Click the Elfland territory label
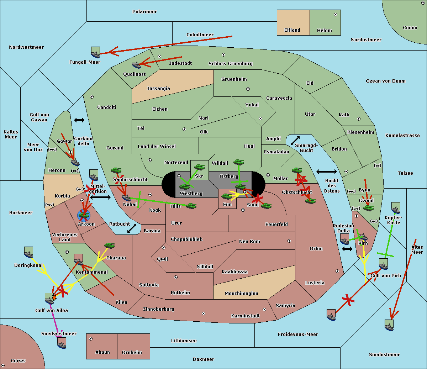(x=292, y=30)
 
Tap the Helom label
(x=324, y=31)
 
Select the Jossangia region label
(x=158, y=89)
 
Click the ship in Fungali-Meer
(x=95, y=53)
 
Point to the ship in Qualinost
(x=137, y=64)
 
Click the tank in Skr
(x=199, y=167)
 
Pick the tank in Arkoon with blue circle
(x=84, y=215)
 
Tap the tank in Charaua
(x=109, y=246)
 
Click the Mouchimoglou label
(x=241, y=294)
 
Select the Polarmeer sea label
(x=144, y=12)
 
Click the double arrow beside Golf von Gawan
(x=79, y=120)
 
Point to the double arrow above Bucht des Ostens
(x=326, y=172)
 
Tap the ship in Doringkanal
(x=29, y=252)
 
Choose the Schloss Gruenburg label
(x=230, y=64)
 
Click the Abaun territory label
(x=102, y=352)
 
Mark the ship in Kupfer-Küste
(x=396, y=208)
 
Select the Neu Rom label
(x=249, y=242)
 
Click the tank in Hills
(x=191, y=206)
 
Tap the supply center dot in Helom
(x=335, y=15)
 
